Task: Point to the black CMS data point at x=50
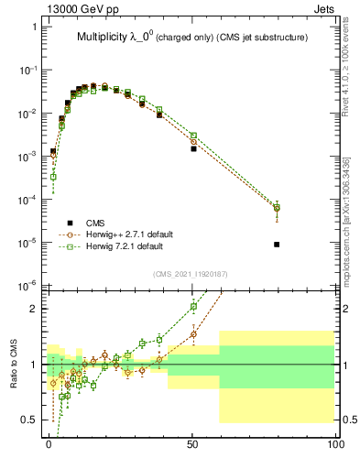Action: click(x=193, y=148)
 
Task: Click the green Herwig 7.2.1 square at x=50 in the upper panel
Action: click(x=193, y=136)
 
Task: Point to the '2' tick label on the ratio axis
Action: click(x=35, y=309)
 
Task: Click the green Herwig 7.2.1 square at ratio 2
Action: click(x=193, y=307)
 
